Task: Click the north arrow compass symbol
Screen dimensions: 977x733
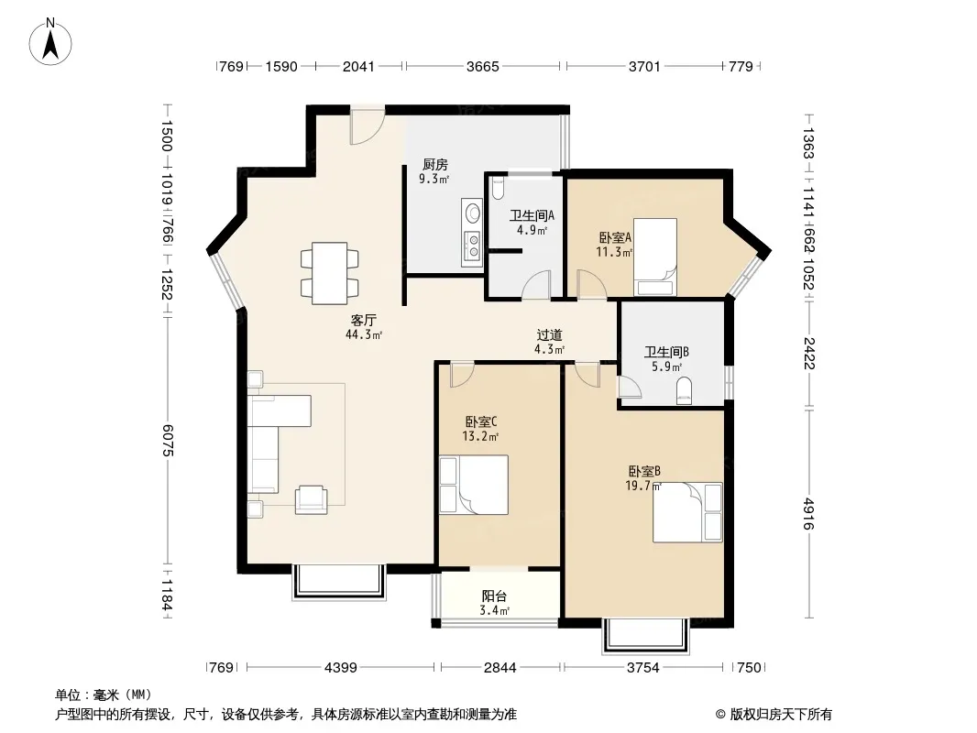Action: point(50,42)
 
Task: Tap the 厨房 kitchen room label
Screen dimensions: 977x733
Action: point(434,164)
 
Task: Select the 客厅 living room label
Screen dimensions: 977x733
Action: point(363,320)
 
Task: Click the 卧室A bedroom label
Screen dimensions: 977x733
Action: point(615,237)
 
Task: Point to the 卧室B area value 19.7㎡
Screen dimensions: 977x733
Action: point(643,486)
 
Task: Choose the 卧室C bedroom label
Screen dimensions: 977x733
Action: point(480,421)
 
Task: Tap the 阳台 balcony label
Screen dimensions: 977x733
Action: point(494,596)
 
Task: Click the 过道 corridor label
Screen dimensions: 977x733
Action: point(549,335)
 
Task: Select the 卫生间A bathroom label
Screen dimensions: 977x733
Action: point(532,215)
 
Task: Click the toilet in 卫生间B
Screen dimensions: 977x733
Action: point(684,390)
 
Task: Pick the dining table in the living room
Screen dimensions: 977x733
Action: point(330,273)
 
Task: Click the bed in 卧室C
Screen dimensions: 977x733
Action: point(474,485)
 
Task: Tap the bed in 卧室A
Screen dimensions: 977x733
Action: point(655,257)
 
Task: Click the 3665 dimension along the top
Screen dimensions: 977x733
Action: point(483,66)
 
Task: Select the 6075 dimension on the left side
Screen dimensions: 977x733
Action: point(167,441)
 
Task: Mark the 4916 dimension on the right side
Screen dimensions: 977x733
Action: point(808,513)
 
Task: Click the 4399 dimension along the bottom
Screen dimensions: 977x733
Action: point(341,668)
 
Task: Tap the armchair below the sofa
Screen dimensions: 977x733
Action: point(311,499)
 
